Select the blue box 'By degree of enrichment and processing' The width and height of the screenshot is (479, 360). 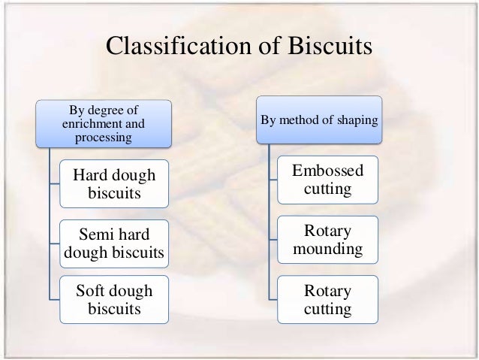tap(104, 123)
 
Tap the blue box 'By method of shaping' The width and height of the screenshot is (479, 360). tap(320, 120)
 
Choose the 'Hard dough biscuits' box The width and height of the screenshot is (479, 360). tap(114, 185)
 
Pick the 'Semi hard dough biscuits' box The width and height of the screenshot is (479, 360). tap(114, 242)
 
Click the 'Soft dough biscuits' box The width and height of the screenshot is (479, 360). tap(114, 298)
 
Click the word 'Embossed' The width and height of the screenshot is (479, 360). tap(327, 171)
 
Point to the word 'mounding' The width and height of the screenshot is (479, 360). tap(327, 247)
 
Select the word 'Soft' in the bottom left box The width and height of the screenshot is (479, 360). tap(93, 289)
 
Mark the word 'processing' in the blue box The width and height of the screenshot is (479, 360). tap(104, 138)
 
